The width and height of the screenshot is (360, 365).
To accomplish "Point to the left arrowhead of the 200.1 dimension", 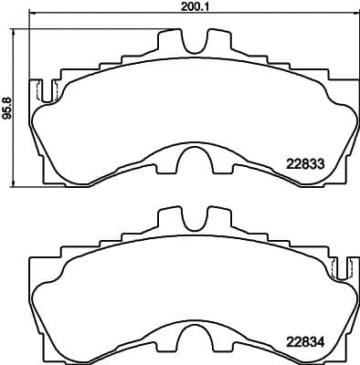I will point(32,15).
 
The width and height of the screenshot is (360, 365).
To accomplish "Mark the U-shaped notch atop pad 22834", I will point(193,220).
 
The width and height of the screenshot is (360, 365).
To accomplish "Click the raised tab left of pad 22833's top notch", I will point(170,41).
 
